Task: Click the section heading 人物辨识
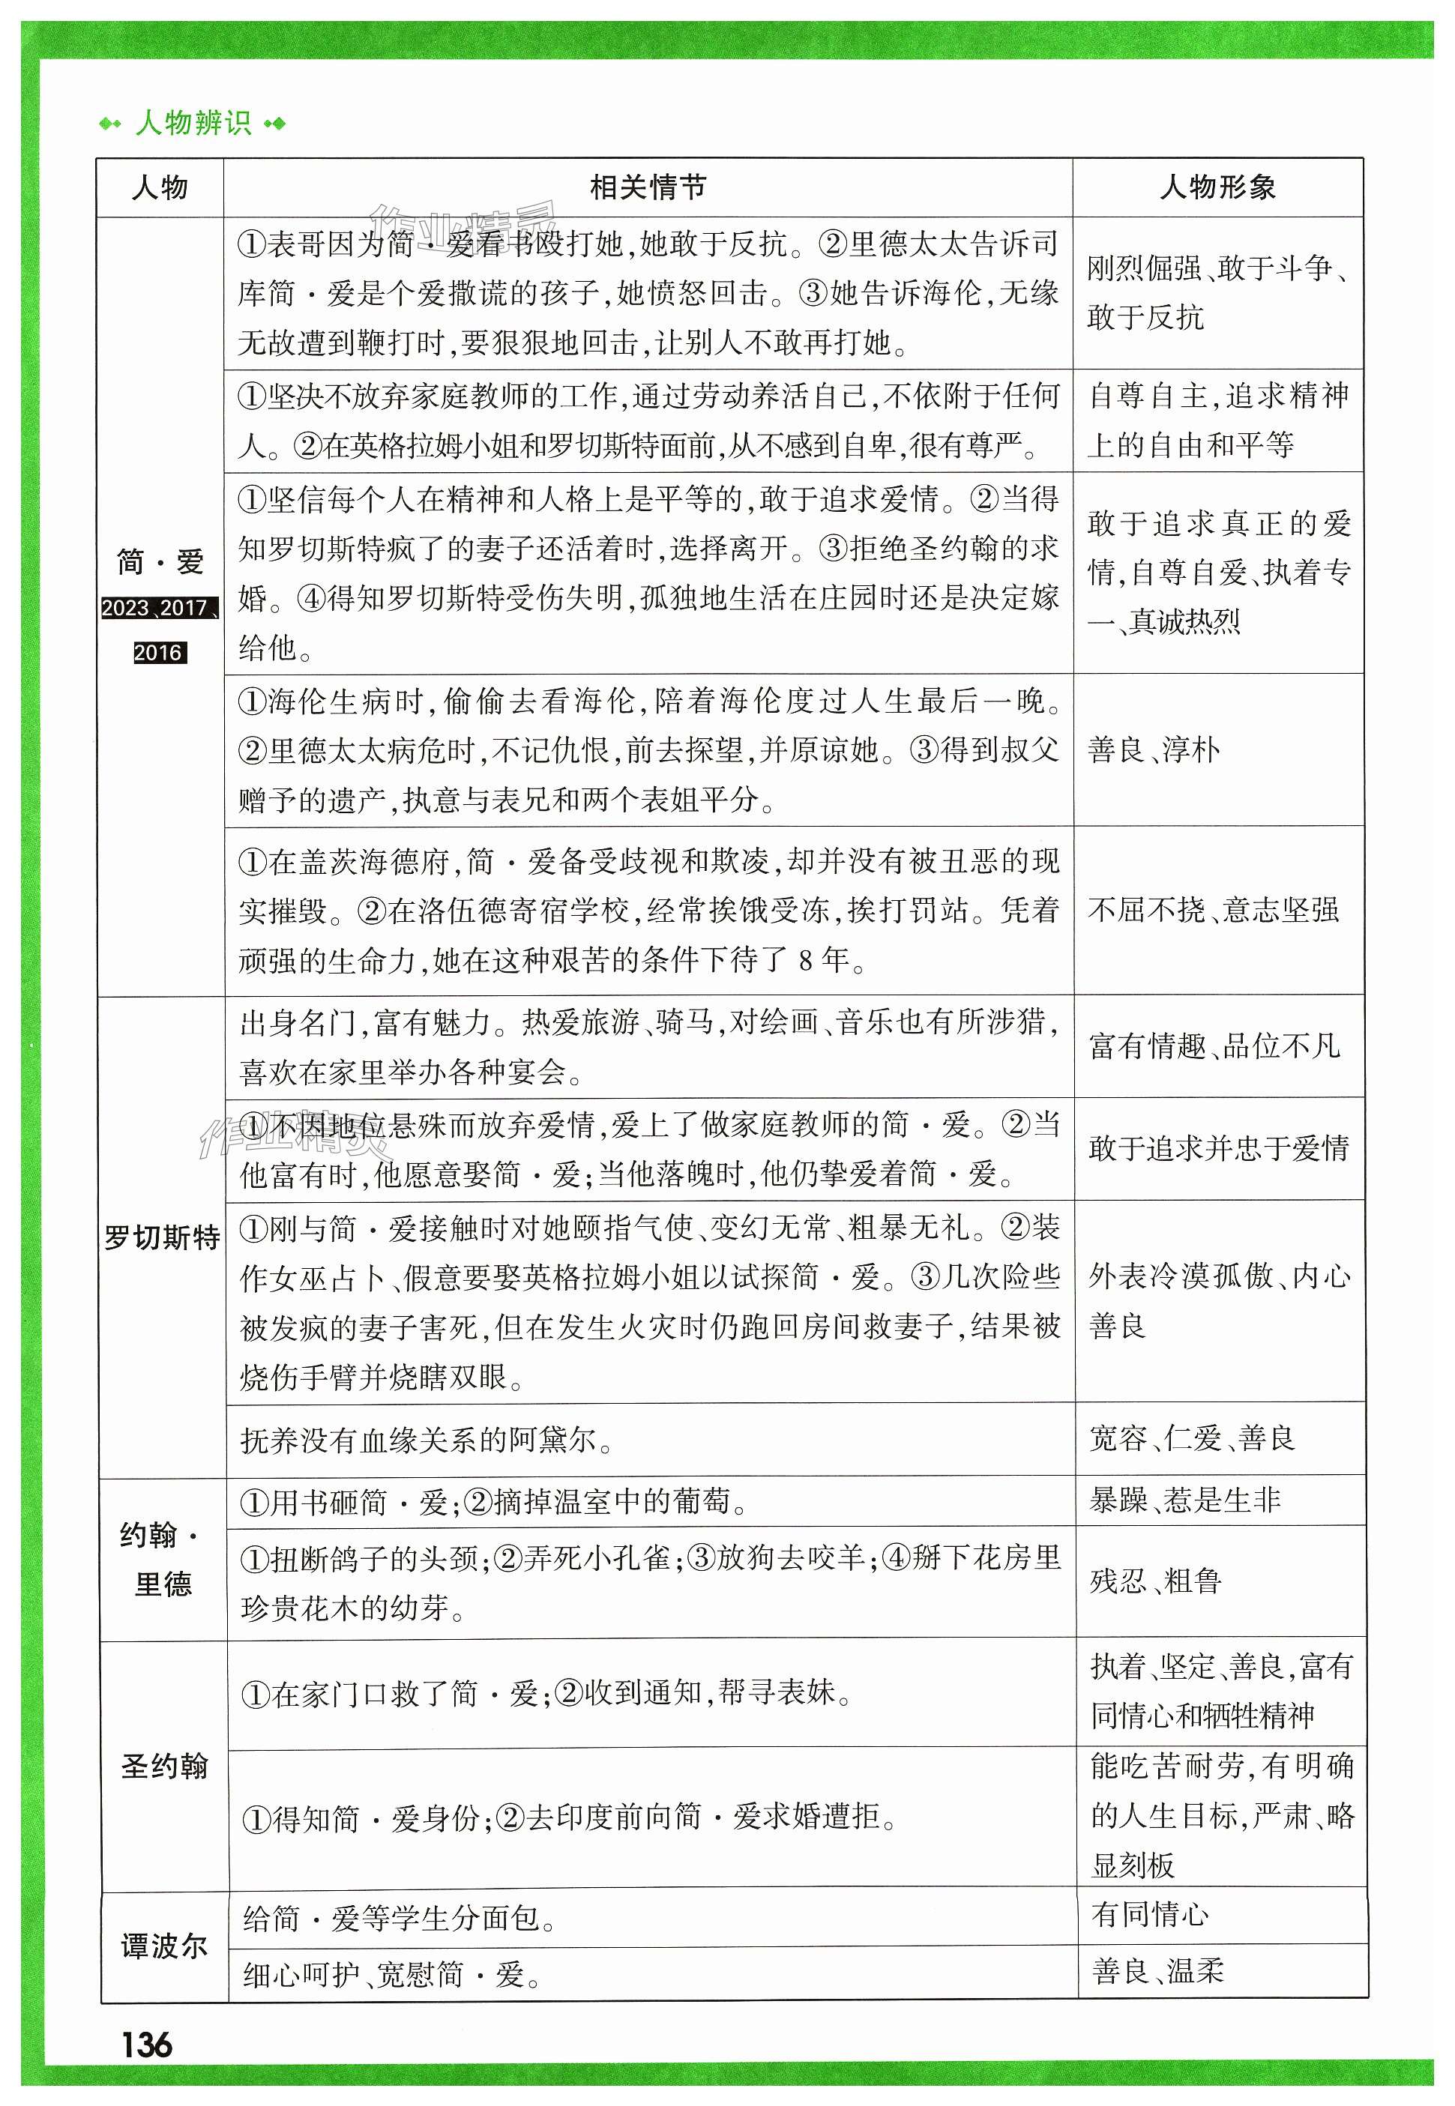tap(193, 123)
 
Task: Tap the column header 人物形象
tap(1217, 187)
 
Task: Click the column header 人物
tap(160, 187)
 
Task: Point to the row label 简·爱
tap(160, 561)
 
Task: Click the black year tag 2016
tap(160, 653)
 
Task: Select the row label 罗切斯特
tap(162, 1238)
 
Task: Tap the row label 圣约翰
tap(164, 1765)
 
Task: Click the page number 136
tap(147, 2045)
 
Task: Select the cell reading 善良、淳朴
tap(1153, 750)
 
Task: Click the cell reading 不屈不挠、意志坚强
tap(1213, 909)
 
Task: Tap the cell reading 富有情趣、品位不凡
tap(1214, 1046)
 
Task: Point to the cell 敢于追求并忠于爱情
tap(1218, 1148)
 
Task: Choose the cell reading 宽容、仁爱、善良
tap(1192, 1438)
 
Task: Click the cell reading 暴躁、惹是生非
tap(1185, 1500)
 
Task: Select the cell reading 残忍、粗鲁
tap(1155, 1581)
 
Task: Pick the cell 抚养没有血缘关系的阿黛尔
tap(427, 1440)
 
